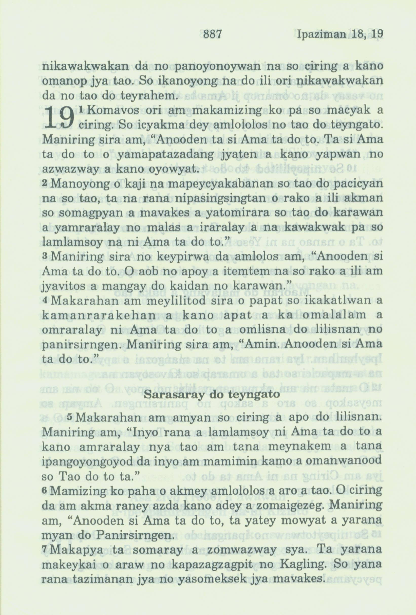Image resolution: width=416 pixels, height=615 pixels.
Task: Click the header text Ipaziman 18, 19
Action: [x=338, y=34]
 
